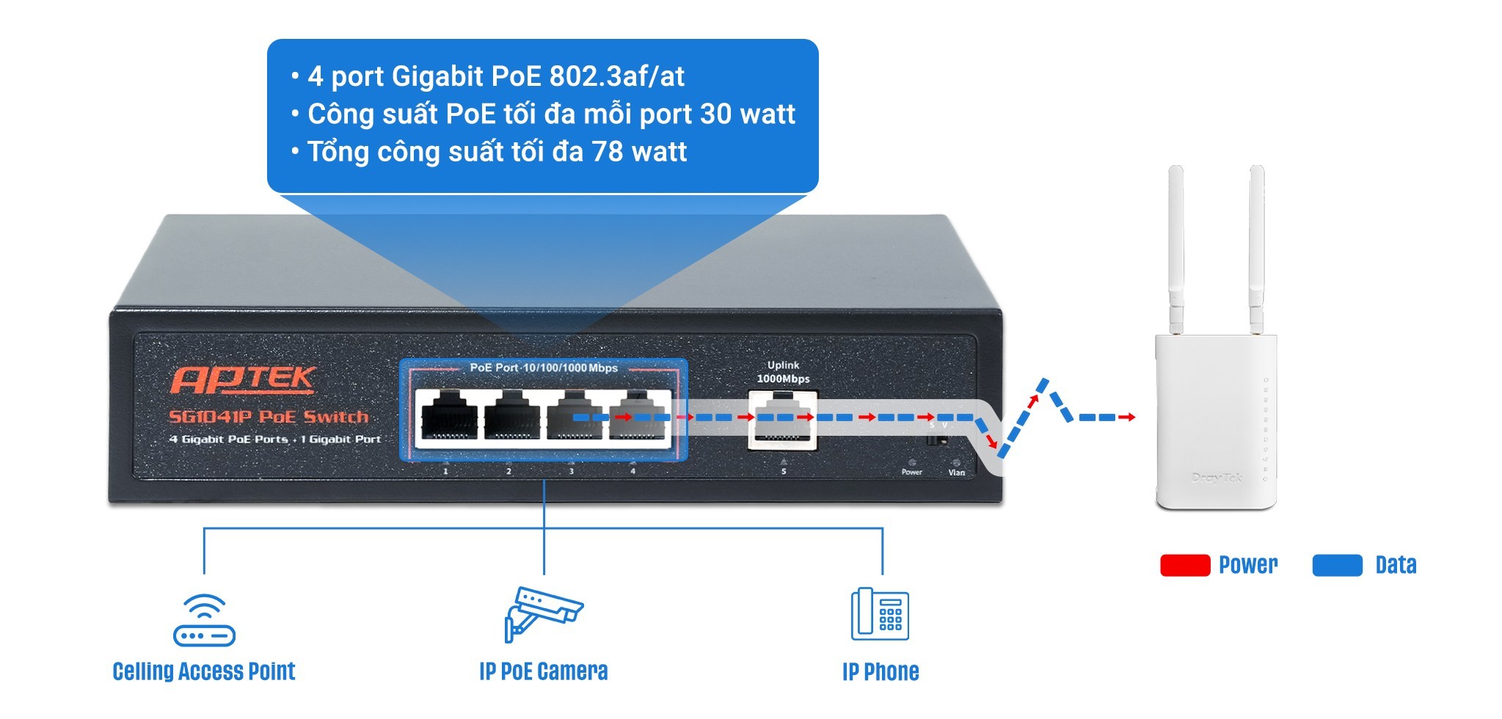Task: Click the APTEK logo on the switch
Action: coord(243,379)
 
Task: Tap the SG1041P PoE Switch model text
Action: coord(269,417)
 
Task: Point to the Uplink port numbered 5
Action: coord(782,420)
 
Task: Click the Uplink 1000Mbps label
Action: coord(783,372)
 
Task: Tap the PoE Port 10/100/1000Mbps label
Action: coord(544,368)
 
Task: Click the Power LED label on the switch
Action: coord(911,472)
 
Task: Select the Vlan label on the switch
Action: coord(956,472)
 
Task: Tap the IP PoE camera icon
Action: coord(543,613)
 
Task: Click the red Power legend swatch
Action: coord(1184,565)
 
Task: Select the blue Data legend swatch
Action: coord(1337,565)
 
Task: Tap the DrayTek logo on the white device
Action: coord(1217,478)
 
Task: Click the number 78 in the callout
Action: coord(608,152)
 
